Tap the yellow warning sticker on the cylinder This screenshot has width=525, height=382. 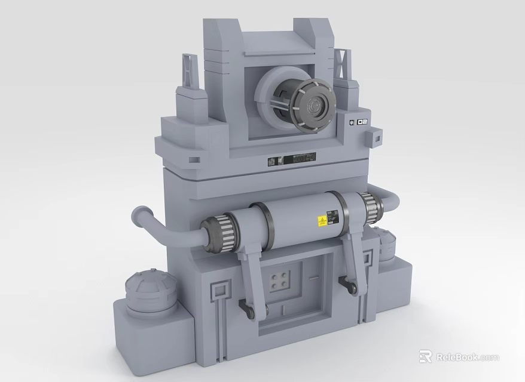(x=321, y=221)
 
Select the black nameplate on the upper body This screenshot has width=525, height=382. (x=292, y=159)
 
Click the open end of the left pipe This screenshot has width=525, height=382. (x=141, y=213)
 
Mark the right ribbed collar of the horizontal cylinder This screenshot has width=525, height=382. (x=371, y=208)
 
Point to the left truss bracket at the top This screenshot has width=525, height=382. (x=190, y=71)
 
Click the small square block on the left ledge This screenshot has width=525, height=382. (x=194, y=159)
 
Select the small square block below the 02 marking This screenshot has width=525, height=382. (x=376, y=140)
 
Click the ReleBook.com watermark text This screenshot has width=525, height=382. (x=467, y=357)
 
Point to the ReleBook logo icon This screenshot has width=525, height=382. (x=426, y=357)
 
